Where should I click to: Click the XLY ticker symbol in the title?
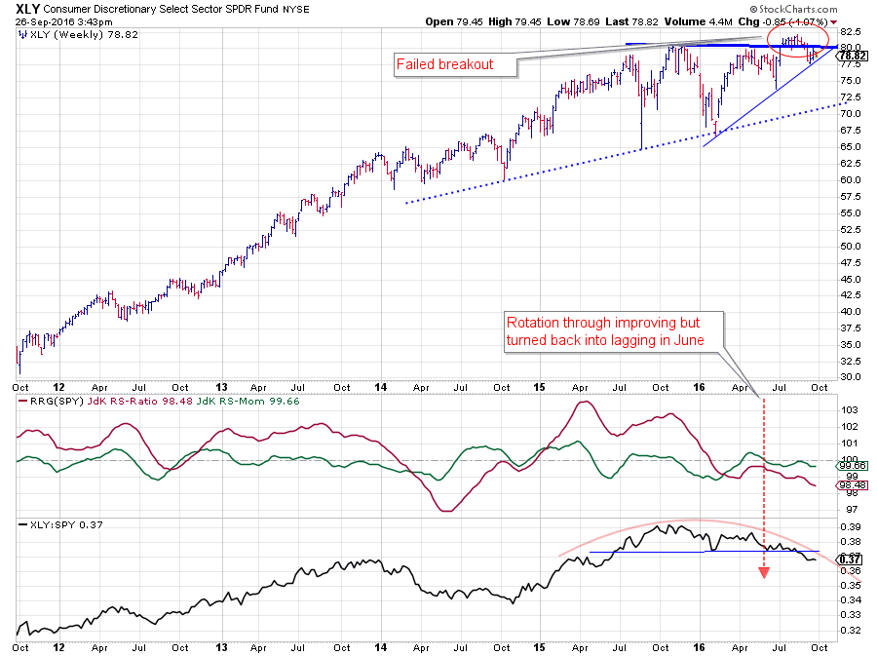pyautogui.click(x=28, y=8)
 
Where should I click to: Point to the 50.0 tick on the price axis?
pyautogui.click(x=851, y=246)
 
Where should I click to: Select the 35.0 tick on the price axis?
pyautogui.click(x=851, y=344)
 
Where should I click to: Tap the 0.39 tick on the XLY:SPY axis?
pyautogui.click(x=850, y=525)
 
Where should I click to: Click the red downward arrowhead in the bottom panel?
pyautogui.click(x=764, y=572)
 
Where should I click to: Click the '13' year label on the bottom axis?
pyautogui.click(x=221, y=645)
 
